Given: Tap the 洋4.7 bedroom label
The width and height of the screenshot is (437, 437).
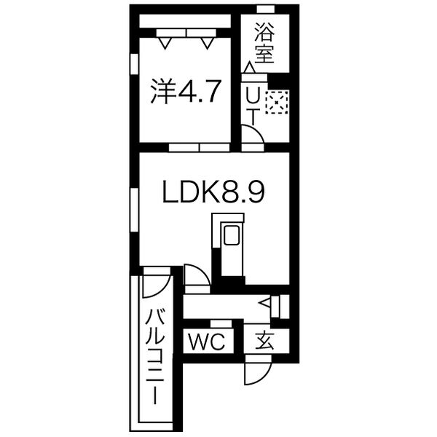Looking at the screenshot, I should tap(185, 92).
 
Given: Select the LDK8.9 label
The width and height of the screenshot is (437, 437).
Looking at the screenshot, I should tap(212, 193).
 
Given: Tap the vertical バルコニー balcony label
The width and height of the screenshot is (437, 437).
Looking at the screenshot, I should tap(154, 357).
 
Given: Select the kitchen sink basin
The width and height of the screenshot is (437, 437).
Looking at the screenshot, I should tap(232, 237).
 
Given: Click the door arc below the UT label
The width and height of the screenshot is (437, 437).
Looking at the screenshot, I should tap(252, 137).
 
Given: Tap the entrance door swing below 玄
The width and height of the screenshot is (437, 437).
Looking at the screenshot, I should tap(256, 371).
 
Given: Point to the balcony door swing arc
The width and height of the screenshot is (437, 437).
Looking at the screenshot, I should tap(156, 283).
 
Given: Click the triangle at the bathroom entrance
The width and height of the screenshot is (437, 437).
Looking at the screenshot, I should tap(249, 68).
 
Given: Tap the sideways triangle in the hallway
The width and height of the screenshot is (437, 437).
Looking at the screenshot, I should tap(266, 301).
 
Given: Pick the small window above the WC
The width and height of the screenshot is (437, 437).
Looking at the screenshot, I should tap(221, 323).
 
